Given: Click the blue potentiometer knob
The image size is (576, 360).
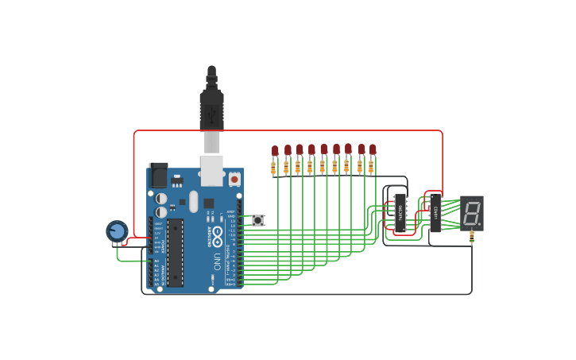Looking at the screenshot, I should click(x=117, y=230).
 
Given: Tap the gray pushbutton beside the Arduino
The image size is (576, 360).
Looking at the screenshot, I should click(x=258, y=220).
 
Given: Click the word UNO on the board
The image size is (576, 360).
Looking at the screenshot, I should click(x=216, y=261).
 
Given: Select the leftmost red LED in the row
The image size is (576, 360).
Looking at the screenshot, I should click(x=275, y=150).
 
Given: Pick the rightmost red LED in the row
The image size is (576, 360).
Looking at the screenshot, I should click(x=373, y=149).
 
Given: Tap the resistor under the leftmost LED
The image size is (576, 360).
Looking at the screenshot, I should click(x=274, y=168).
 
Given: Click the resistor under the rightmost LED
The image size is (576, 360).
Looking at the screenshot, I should click(x=372, y=167).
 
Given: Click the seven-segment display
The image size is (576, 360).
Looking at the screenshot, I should click(x=471, y=212).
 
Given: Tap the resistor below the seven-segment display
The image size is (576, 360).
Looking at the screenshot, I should click(x=473, y=235).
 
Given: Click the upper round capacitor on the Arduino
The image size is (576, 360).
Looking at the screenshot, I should click(x=161, y=198).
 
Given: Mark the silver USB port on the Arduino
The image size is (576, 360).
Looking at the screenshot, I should click(x=211, y=170).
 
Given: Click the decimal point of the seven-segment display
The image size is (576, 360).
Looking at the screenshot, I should click(x=480, y=225).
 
